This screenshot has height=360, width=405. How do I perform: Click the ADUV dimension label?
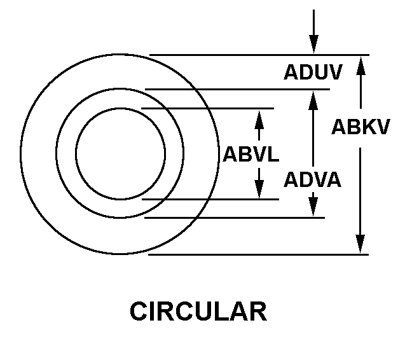point(313,72)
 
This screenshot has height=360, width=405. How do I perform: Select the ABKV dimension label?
point(360,127)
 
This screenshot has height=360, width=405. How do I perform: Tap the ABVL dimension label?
point(251,155)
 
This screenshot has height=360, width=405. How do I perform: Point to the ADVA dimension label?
point(313,179)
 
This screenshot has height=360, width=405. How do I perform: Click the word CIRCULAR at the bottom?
point(198,311)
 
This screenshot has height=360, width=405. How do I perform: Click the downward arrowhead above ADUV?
point(314,44)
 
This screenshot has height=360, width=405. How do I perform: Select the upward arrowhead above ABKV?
point(361,66)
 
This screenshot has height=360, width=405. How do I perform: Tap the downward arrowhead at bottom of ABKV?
point(360,244)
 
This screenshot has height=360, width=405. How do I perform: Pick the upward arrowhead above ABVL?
point(259,120)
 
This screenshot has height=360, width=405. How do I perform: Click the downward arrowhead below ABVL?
point(259,190)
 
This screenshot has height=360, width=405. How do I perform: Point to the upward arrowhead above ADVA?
point(313,100)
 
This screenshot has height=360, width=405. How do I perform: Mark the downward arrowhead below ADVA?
point(313,207)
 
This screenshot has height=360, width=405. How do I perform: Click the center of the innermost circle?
point(121,154)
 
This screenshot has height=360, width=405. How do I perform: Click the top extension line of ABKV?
point(259,55)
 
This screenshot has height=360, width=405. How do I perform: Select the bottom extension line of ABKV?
point(258,254)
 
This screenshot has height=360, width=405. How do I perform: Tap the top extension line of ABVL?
point(208,108)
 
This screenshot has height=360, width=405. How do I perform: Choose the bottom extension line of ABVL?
point(210,199)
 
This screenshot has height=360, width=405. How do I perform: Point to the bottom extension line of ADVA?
point(235,218)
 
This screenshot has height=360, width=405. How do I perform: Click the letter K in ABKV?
point(367,127)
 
